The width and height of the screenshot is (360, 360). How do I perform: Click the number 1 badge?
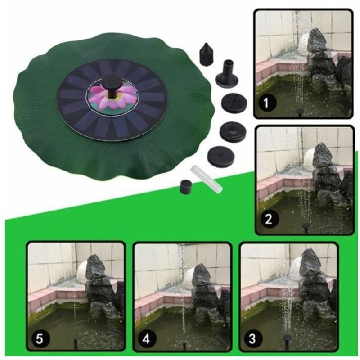coord(266,103)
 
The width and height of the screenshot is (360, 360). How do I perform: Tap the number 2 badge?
coord(268,219)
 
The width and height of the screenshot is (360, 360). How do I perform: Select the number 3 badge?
coord(252,339)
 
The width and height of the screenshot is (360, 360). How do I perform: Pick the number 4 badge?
coord(146,339)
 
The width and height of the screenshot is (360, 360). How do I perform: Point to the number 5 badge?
coord(39,339)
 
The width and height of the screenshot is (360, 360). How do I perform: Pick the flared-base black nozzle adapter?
coord(227,72)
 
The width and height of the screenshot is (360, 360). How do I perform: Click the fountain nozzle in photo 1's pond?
coord(299,113)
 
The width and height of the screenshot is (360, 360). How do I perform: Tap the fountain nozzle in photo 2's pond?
coord(306,227)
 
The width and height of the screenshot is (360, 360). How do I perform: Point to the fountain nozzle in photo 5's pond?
coord(75,343)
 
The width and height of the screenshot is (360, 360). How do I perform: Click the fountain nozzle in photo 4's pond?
coord(184,344)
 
